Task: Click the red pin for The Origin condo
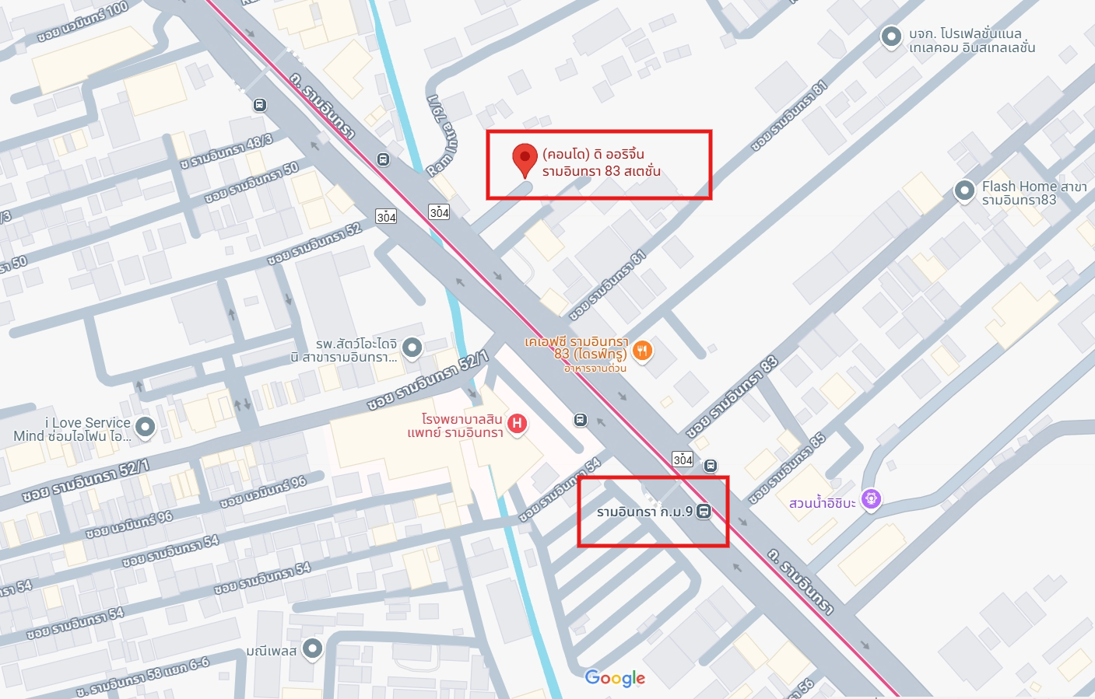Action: coord(525,158)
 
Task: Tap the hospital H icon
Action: coord(517,424)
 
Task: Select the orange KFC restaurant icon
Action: coord(642,351)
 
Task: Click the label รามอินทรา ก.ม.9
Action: coord(644,512)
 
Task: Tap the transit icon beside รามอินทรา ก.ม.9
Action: coord(704,512)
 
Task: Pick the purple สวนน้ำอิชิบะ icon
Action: coord(872,498)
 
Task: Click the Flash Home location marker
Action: coord(964,190)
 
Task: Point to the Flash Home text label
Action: coord(1034,193)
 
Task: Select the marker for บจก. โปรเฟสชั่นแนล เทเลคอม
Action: coord(891,36)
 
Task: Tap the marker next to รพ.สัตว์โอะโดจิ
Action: coord(412,348)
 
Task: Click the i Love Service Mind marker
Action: coord(145,426)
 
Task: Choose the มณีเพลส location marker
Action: coord(312,648)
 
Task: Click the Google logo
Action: coord(615,678)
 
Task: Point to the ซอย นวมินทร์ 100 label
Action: coord(82,21)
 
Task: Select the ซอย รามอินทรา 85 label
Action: coord(787,468)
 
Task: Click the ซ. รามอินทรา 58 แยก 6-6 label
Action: coord(142,677)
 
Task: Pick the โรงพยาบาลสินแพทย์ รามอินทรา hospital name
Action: coord(455,425)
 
